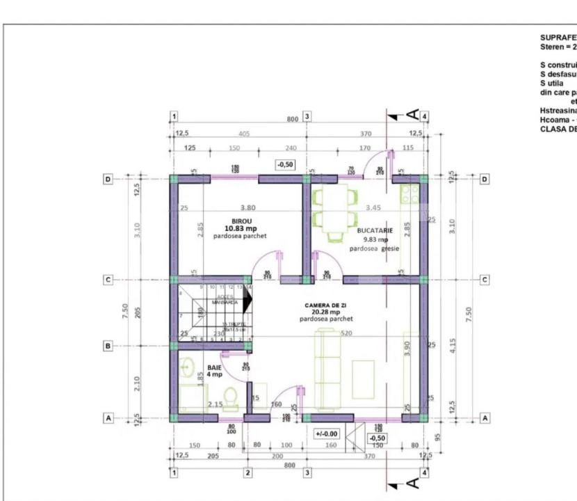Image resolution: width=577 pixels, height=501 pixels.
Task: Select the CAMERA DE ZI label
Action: (327, 305)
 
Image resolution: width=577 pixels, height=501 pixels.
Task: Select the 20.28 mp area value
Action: (326, 312)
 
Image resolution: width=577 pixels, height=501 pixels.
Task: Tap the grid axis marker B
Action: (108, 345)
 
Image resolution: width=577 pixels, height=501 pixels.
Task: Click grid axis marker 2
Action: (247, 472)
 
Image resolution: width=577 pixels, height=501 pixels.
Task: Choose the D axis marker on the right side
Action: (485, 179)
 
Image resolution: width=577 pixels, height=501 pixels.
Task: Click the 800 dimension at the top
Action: (293, 119)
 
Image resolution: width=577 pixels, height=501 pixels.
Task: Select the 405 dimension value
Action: (243, 133)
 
